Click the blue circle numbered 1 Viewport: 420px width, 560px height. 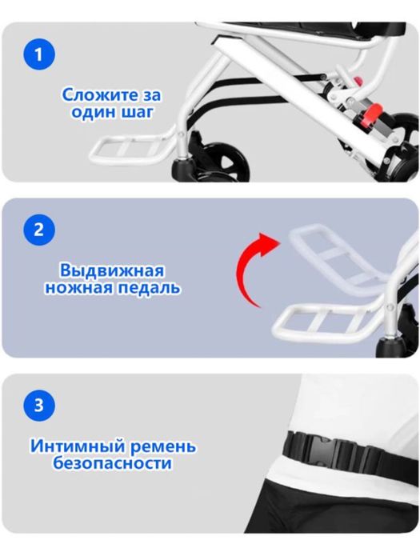click(39, 56)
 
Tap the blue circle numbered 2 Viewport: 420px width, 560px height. click(39, 231)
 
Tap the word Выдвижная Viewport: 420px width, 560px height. click(113, 270)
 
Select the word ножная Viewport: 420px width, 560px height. click(78, 287)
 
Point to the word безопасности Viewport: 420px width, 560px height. click(112, 463)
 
